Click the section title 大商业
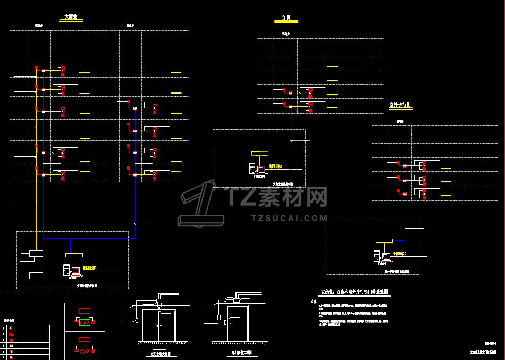[x=71, y=17]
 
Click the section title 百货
[x=286, y=18]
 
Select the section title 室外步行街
[x=400, y=105]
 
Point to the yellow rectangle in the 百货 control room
[x=260, y=153]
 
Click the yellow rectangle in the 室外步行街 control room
[x=384, y=241]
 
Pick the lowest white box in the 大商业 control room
[x=36, y=275]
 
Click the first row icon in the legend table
[x=11, y=328]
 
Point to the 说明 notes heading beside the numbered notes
[x=314, y=302]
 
